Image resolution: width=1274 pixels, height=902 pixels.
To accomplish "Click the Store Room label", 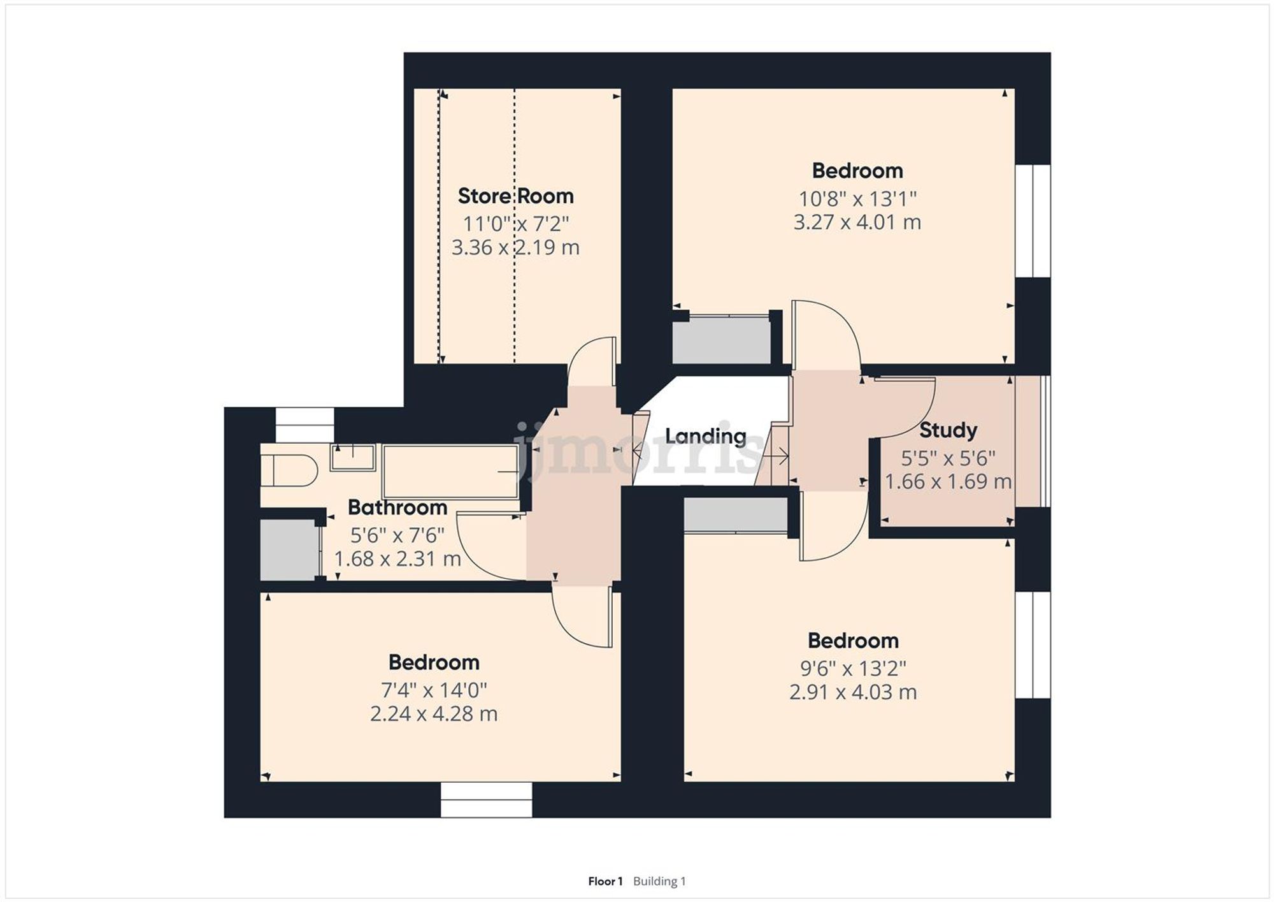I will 515,196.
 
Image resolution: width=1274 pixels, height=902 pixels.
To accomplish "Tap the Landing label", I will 705,436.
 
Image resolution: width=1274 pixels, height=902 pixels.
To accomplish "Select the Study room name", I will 948,430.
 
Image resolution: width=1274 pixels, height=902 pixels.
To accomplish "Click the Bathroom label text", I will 397,507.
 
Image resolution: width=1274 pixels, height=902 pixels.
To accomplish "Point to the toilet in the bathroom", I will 290,470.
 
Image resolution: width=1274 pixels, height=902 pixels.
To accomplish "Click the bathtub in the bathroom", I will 450,471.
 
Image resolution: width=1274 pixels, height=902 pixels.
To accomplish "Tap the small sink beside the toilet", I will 352,457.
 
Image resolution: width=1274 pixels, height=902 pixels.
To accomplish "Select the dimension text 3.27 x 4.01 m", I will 857,222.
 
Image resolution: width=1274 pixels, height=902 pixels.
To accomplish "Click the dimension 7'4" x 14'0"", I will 433,690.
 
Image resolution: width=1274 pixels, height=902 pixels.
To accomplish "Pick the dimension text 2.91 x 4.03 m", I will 852,692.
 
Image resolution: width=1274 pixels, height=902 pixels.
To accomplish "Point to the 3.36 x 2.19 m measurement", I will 515,247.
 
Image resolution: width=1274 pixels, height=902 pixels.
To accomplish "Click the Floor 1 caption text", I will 605,881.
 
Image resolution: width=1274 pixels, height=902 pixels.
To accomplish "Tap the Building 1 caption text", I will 659,881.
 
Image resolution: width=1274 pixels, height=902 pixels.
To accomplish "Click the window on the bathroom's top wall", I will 304,425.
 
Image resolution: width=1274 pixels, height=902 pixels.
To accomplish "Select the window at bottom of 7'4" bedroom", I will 486,800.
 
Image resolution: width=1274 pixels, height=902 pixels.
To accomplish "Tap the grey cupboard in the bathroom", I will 289,549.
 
